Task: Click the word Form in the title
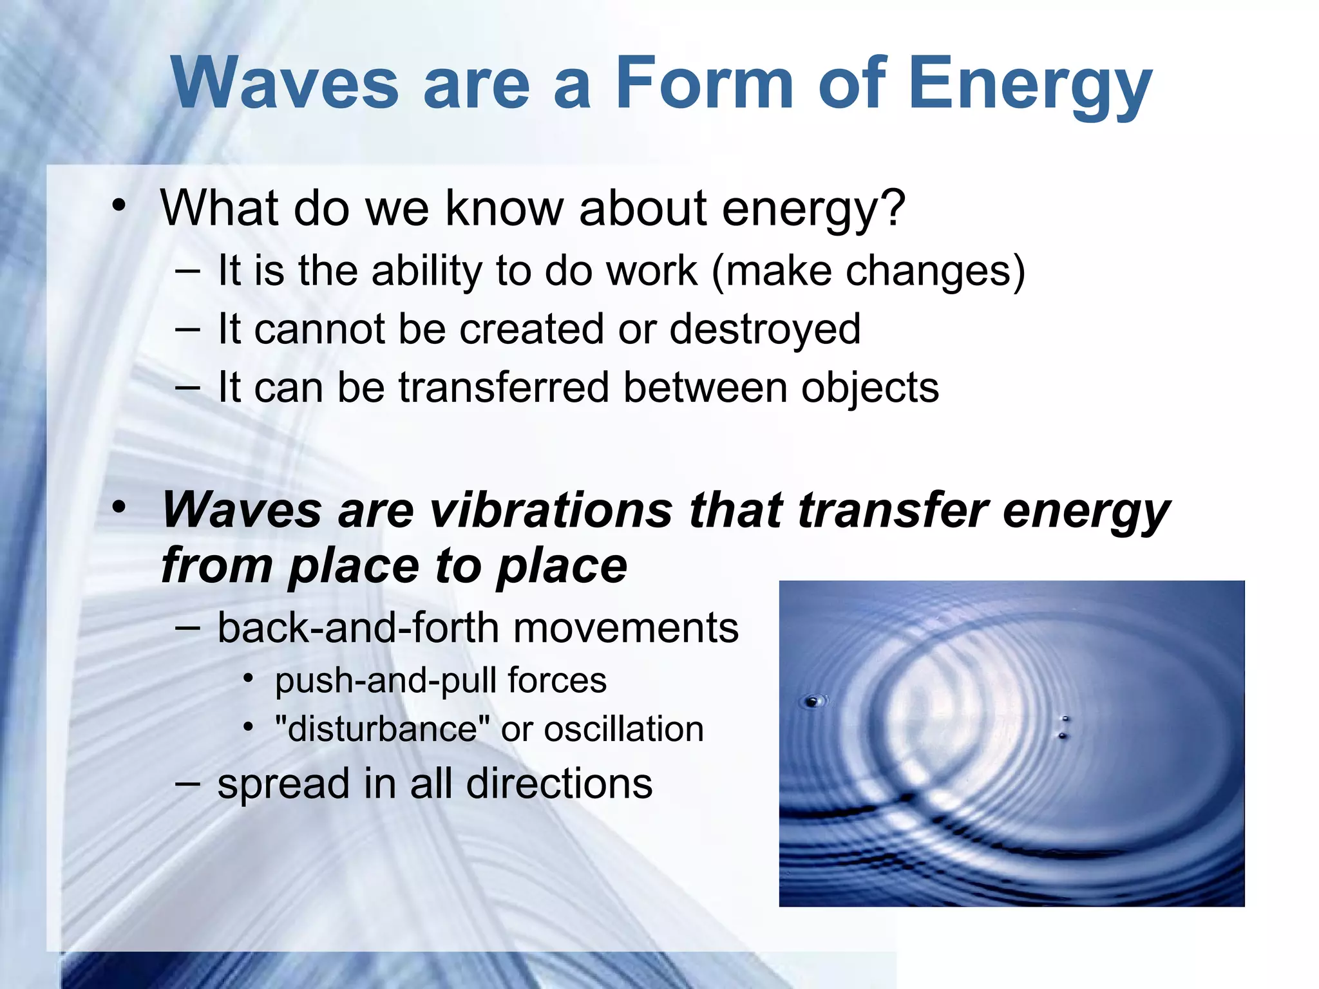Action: pos(704,84)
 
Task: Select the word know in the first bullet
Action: pos(504,209)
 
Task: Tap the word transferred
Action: pos(504,388)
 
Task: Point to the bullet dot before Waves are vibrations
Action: pos(119,507)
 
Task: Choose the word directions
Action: pos(559,784)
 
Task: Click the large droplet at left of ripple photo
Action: pos(813,701)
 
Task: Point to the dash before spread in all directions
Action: pos(187,783)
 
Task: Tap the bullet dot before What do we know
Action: pos(119,206)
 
